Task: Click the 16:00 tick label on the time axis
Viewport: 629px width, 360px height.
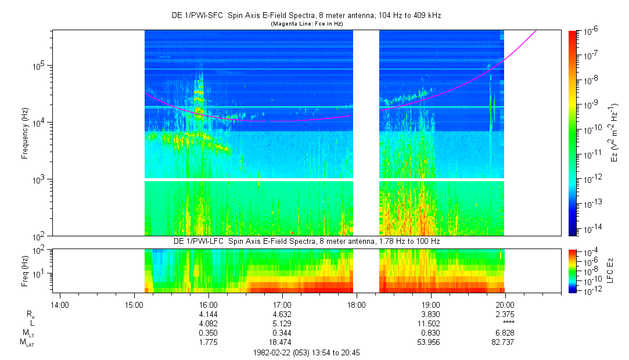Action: click(x=208, y=305)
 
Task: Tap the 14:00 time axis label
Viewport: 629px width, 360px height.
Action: click(x=60, y=305)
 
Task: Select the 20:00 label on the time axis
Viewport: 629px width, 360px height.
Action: click(x=505, y=305)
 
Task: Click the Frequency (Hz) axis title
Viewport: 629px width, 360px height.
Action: click(x=25, y=133)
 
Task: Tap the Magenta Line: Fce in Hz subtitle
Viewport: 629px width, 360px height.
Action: click(x=307, y=24)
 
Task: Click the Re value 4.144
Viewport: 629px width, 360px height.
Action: click(x=208, y=314)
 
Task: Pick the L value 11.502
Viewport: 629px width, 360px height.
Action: click(x=429, y=323)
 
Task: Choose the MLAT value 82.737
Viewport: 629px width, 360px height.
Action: click(x=502, y=343)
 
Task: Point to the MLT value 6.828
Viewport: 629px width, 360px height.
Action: click(x=505, y=333)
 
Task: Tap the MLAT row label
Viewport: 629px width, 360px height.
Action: click(x=27, y=343)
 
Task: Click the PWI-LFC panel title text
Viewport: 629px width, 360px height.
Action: click(x=307, y=242)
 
